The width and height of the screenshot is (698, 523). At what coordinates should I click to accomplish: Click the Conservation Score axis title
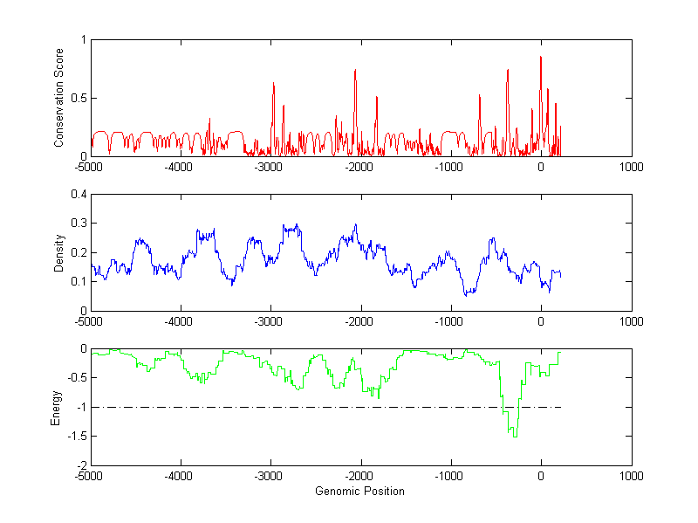coord(58,98)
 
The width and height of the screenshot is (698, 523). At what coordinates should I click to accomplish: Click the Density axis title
coord(58,252)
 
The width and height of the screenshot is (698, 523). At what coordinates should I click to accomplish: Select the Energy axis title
coord(57,407)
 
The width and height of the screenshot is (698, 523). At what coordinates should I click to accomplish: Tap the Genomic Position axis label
coord(360,491)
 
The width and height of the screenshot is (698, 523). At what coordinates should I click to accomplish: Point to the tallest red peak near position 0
coord(541,57)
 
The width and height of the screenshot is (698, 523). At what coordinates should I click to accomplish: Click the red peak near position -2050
coord(355,70)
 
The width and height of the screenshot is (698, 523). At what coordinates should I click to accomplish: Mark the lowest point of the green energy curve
coord(515,436)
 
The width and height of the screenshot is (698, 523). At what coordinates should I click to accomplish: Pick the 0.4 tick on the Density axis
coord(78,195)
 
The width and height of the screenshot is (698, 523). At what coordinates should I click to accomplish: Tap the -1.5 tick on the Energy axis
coord(75,437)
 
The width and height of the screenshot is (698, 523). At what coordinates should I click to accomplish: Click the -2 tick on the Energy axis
coord(80,465)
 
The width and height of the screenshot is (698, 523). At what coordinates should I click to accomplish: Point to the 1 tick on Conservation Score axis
coord(83,40)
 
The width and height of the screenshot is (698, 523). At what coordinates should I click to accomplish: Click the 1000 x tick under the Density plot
coord(631,321)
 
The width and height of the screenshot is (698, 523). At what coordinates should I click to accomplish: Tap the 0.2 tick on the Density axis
coord(78,253)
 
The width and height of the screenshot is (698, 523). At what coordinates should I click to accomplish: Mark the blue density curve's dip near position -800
coord(467,295)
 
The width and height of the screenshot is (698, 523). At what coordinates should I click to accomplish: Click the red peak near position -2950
coord(274,83)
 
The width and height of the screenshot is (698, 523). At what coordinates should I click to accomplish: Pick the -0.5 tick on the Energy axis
coord(75,378)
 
